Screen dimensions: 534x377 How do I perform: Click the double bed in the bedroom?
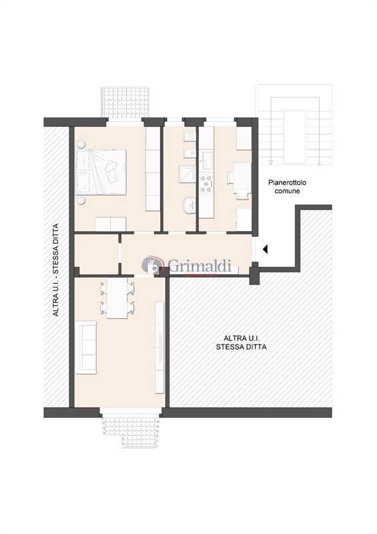tap(102, 170)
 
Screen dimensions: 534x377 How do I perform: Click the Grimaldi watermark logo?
tap(187, 265)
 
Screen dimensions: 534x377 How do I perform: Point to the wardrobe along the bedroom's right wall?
tap(153, 170)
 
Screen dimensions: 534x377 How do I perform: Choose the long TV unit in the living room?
tap(159, 347)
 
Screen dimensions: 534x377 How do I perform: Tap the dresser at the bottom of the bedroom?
tap(107, 224)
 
